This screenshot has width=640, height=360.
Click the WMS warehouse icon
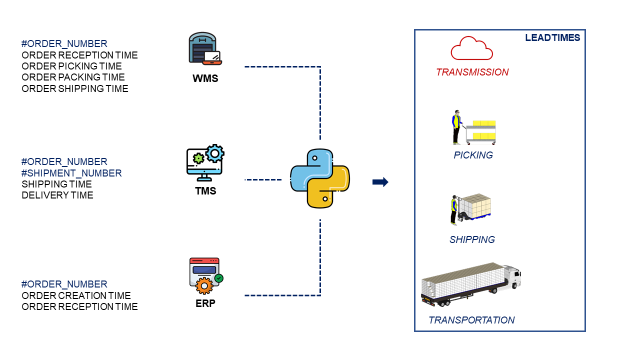coord(204,50)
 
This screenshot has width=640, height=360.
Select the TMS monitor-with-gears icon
coord(204,161)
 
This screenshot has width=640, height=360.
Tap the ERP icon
coord(204,274)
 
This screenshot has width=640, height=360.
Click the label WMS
coord(205,77)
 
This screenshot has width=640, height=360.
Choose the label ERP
coord(205,301)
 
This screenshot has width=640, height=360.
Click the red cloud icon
coord(472,47)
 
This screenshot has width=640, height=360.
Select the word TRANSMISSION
coord(472,72)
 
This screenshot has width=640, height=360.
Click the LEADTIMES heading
coord(552,38)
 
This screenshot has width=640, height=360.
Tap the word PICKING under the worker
coord(472,155)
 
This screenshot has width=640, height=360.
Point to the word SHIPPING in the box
coord(472,239)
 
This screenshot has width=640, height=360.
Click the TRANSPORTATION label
coord(471,320)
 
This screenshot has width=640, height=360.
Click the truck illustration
coord(471,286)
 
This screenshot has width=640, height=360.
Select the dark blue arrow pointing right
coord(380,182)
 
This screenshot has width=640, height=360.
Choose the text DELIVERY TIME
coord(57,195)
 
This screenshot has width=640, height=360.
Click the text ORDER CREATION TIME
coord(76,295)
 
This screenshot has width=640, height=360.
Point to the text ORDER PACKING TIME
coord(73,77)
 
